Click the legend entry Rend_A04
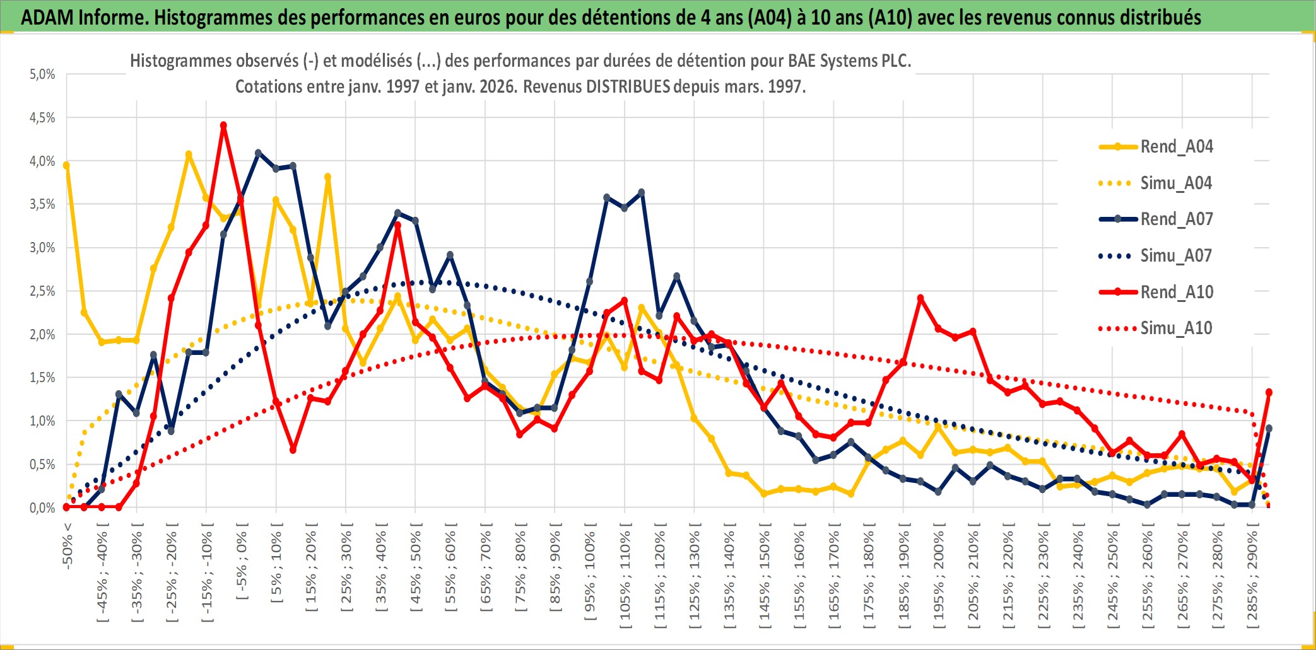pos(1176,147)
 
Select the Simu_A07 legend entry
pos(1176,256)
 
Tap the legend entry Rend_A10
pos(1176,292)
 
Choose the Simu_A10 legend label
pos(1176,328)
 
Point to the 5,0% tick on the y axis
pos(42,74)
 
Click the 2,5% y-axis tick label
pos(42,291)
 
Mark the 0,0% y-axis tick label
pos(42,508)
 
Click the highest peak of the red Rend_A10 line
pos(223,125)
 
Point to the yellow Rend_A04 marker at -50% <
pos(66,165)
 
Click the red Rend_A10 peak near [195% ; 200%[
pos(920,298)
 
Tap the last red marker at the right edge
pos(1269,392)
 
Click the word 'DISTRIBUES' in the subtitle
pos(628,86)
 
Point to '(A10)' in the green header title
pos(890,17)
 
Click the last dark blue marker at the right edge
pos(1269,429)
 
